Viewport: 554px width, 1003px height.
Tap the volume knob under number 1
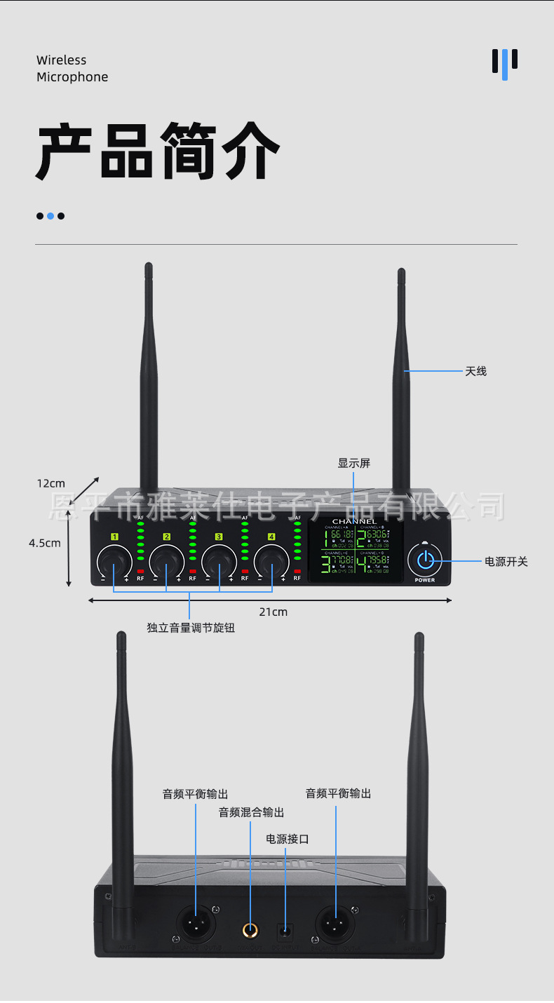coord(114,561)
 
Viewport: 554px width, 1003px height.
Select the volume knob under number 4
coord(271,561)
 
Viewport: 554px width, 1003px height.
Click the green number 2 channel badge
coord(167,537)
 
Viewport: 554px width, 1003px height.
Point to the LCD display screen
coord(357,551)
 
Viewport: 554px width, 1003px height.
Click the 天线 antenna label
coord(475,371)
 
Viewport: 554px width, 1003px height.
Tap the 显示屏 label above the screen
coord(353,463)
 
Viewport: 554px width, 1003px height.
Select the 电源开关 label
coord(506,561)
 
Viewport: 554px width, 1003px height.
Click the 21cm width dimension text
coord(273,612)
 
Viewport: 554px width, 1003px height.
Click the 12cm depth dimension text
coord(50,483)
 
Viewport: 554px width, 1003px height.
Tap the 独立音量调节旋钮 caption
coord(191,628)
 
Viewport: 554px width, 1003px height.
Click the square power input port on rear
coord(285,931)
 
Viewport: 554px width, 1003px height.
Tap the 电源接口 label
coord(288,839)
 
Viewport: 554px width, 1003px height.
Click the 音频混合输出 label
coord(251,812)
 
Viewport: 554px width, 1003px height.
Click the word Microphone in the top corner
coord(72,77)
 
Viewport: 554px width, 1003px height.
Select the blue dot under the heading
coord(50,216)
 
